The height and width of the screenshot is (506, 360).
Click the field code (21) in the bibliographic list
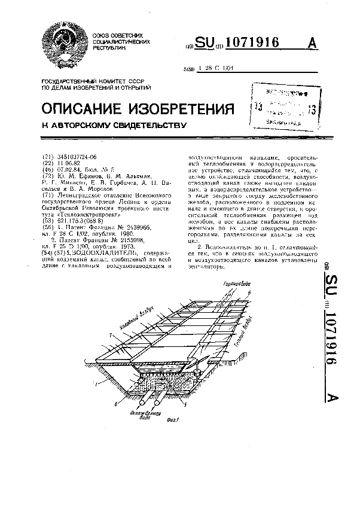tap(47, 155)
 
